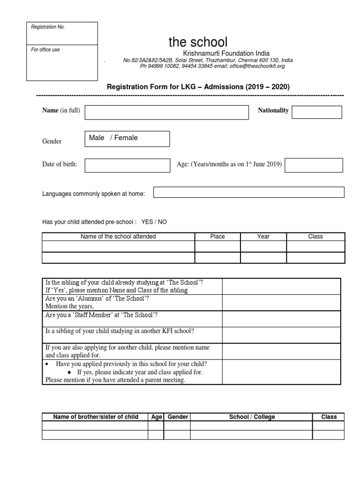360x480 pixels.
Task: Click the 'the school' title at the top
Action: pos(198,42)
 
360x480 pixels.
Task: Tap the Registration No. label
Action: pos(48,27)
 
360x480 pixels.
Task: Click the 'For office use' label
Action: pos(45,50)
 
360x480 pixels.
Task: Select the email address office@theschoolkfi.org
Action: pos(256,67)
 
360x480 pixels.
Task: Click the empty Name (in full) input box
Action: pos(166,112)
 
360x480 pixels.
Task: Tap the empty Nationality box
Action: pos(317,112)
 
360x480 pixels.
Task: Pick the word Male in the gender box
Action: pos(97,138)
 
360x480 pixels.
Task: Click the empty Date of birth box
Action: pos(127,165)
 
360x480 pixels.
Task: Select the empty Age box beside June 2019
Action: pos(314,165)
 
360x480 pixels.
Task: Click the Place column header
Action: pos(217,237)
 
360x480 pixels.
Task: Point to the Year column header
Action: pos(263,237)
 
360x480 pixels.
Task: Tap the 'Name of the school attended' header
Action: pos(118,237)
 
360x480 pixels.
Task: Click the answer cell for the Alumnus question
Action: pos(281,302)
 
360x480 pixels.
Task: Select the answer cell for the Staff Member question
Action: pos(281,319)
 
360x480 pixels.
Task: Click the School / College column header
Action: pos(252,417)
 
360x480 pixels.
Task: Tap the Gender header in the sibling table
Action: pos(178,417)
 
